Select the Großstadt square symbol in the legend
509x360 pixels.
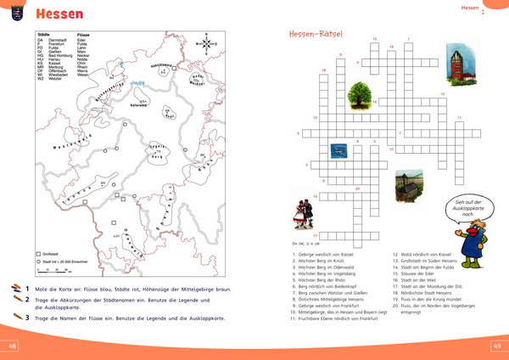coord(38,254)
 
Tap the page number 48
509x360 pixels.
coord(13,346)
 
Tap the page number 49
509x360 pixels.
coord(496,346)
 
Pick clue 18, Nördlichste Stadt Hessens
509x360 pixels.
coord(423,298)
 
